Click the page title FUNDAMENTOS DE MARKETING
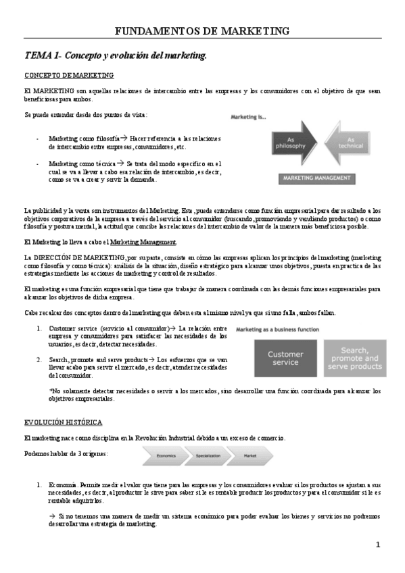pyautogui.click(x=202, y=31)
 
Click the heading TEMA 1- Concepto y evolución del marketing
pyautogui.click(x=116, y=55)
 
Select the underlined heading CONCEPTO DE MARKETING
pyautogui.click(x=69, y=75)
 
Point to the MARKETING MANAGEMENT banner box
pyautogui.click(x=316, y=178)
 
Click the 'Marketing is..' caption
pyautogui.click(x=249, y=117)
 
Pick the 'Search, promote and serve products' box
pyautogui.click(x=355, y=358)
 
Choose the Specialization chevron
pyautogui.click(x=208, y=456)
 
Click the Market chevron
pyautogui.click(x=249, y=456)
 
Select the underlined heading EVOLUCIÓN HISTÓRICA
pyautogui.click(x=63, y=422)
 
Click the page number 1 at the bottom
pyautogui.click(x=378, y=545)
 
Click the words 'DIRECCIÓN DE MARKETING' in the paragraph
pyautogui.click(x=79, y=257)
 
